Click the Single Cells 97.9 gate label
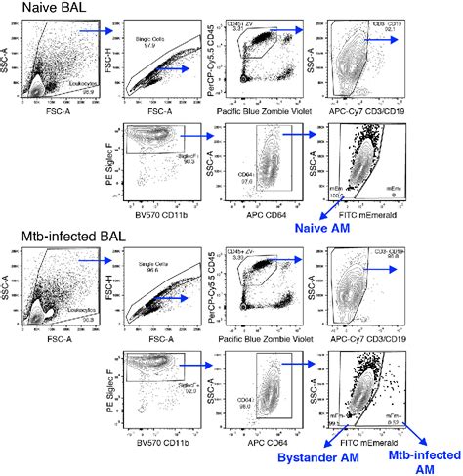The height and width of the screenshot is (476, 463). point(147,41)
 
